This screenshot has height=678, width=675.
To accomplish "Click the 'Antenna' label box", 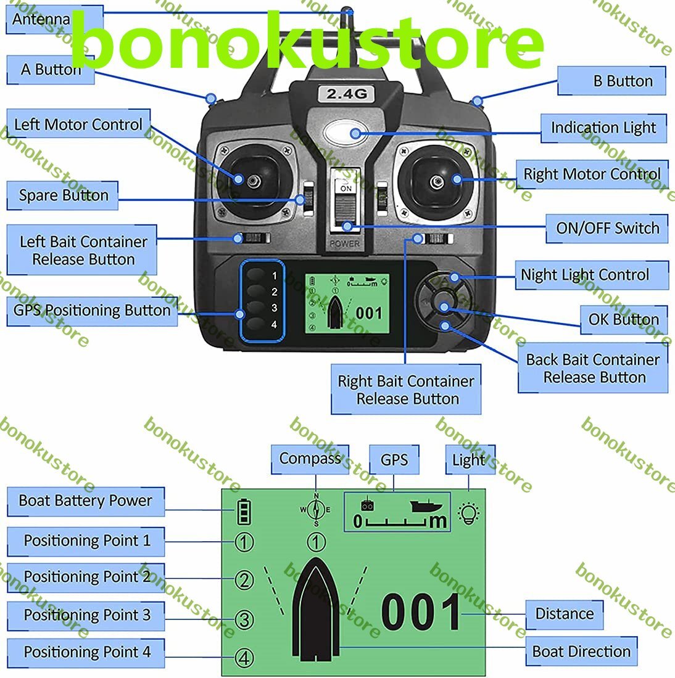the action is click(x=54, y=19).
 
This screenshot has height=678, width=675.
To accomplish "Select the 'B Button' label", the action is click(x=611, y=81).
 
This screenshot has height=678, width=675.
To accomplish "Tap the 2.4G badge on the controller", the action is click(x=346, y=94).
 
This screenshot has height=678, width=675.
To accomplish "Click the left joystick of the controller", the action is click(x=254, y=181).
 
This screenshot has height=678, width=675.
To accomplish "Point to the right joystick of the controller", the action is click(x=436, y=182).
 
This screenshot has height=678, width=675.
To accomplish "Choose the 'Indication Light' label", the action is click(x=603, y=128).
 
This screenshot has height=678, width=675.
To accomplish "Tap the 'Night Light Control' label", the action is click(x=592, y=275).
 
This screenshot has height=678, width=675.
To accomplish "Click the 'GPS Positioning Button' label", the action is click(x=92, y=311).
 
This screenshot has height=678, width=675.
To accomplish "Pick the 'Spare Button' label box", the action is click(x=62, y=195).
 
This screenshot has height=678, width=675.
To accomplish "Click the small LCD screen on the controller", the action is click(x=347, y=303).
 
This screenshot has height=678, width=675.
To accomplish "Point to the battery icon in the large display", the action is click(x=244, y=512).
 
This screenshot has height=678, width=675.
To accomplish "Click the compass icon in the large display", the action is click(x=316, y=510).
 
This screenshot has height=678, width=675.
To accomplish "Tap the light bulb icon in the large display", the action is click(x=469, y=513).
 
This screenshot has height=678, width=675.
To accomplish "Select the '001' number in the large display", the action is click(x=421, y=612).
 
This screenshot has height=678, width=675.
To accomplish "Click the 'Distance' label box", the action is click(x=565, y=614).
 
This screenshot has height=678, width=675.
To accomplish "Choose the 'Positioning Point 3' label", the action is click(x=86, y=616).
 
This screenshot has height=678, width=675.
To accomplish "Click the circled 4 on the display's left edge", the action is click(x=244, y=658).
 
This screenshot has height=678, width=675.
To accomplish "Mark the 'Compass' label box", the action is click(x=310, y=459).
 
